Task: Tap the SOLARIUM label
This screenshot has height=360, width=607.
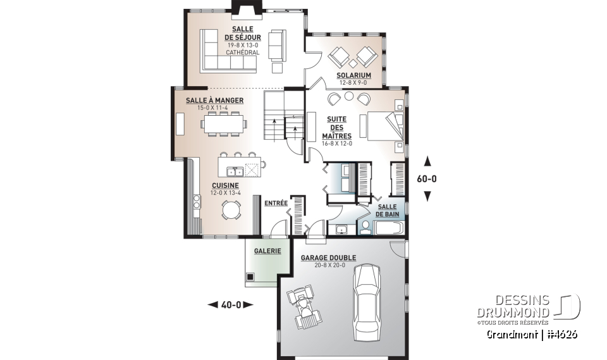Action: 353,75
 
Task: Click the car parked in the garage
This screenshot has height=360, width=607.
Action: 367,301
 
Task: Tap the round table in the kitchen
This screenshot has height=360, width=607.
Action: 230,208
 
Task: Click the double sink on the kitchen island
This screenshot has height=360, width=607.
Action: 236,171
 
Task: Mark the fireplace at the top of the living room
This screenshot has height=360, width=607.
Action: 242,6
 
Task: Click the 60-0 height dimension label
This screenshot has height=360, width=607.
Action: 427,178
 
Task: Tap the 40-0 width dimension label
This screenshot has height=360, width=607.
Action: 230,305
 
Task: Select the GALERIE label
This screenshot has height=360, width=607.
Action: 267,251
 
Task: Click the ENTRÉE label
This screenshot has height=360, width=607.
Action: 276,203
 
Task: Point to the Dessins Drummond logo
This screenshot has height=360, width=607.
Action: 537,307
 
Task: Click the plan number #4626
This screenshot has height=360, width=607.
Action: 563,333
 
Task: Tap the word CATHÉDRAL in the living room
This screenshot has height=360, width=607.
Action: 242,53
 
